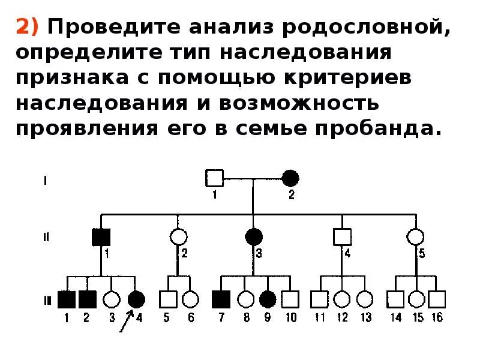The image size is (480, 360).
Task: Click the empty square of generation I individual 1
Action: click(215, 178)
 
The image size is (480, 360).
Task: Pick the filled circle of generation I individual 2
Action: click(290, 178)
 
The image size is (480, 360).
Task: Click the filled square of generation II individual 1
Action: click(100, 237)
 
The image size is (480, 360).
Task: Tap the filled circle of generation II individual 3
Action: click(253, 237)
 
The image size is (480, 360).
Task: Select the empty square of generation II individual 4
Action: click(341, 237)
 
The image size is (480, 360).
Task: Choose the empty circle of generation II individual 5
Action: click(415, 237)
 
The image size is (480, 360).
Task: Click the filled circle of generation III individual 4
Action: click(136, 298)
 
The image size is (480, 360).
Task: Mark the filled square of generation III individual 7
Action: click(221, 298)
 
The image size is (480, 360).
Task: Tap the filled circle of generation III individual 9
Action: click(268, 298)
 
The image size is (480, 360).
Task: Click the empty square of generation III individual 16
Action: click(437, 298)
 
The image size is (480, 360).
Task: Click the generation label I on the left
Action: click(46, 178)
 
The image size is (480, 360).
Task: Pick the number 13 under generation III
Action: click(365, 317)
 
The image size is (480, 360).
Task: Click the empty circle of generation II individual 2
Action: click(177, 237)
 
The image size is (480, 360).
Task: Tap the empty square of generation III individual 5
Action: click(168, 298)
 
